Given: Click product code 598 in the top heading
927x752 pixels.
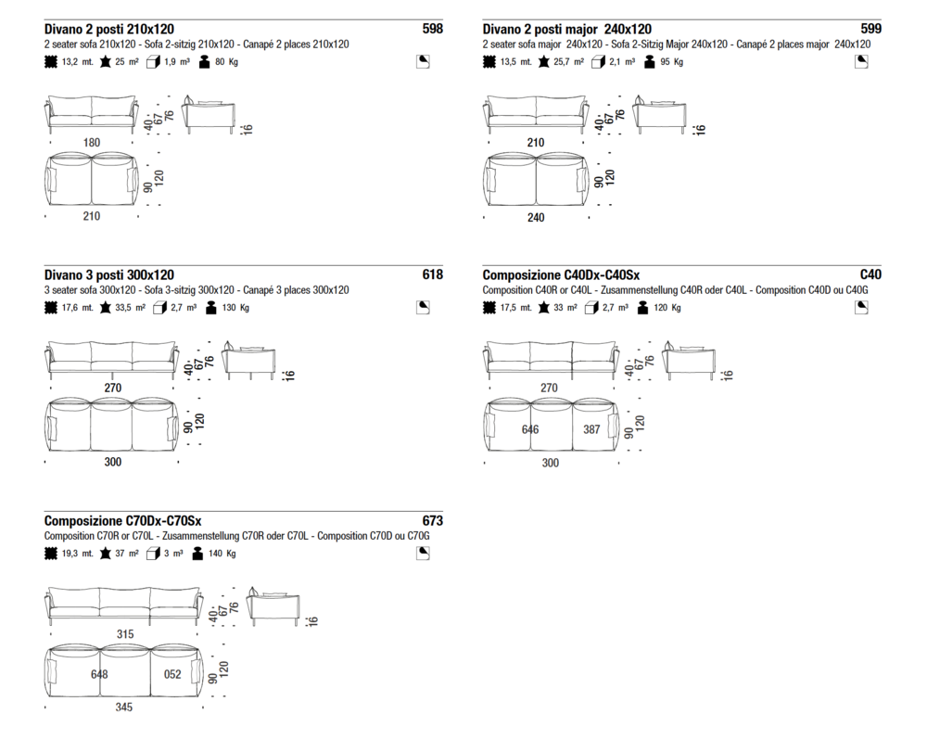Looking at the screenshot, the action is [x=432, y=29].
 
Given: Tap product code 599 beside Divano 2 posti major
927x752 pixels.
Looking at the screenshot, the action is [x=870, y=29].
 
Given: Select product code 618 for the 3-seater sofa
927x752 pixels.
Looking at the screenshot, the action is [x=432, y=274].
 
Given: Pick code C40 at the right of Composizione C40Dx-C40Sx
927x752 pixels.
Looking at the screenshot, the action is [x=870, y=274].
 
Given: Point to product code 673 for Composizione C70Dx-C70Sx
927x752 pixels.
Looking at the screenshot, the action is [x=432, y=520].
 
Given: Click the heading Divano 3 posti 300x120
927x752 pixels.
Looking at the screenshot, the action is [x=109, y=274].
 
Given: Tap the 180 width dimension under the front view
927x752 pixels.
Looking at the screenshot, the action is [x=92, y=143].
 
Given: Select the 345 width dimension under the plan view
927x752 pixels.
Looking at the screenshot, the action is [x=123, y=707].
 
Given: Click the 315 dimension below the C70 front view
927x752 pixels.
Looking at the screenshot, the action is [x=125, y=633].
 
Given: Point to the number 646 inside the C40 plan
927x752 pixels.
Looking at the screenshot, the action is [x=529, y=429].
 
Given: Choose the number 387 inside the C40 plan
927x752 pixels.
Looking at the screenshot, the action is [x=591, y=429].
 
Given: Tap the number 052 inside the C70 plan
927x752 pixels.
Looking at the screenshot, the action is [x=172, y=674].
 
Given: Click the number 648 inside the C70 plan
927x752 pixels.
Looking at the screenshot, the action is [x=99, y=674].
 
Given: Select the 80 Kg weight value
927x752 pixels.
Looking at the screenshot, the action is [x=226, y=61].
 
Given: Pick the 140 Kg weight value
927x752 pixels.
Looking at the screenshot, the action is [x=222, y=554].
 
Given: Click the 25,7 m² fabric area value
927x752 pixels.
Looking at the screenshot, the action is [x=569, y=61].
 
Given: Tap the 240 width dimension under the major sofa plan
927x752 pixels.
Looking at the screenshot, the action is [x=536, y=218].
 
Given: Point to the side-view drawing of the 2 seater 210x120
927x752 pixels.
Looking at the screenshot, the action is [x=209, y=115].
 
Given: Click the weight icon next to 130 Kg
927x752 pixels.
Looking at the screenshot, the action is [x=211, y=308].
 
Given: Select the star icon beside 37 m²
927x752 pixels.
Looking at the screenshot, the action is [x=106, y=554].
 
